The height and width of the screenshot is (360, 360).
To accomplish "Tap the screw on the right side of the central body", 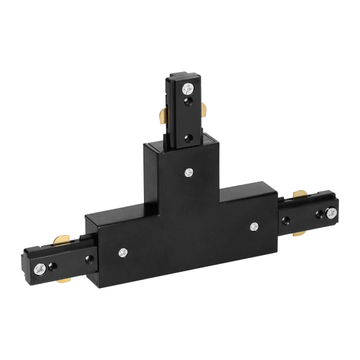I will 254,226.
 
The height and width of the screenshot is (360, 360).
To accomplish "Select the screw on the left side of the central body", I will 123,252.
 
